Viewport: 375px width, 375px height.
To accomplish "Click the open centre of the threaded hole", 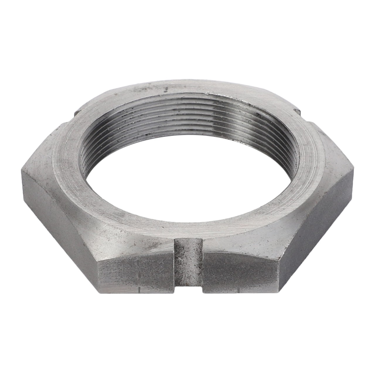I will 187,182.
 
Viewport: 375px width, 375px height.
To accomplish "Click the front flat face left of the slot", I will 135,274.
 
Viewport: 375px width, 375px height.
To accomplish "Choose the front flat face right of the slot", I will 240,274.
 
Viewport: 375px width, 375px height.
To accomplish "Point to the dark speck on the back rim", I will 166,87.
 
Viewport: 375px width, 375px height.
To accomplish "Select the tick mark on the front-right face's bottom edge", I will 240,290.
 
